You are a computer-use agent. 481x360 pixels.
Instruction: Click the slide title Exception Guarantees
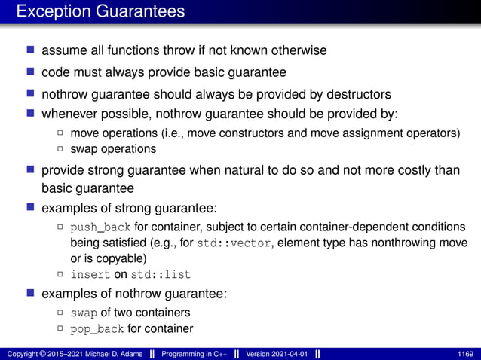click(100, 12)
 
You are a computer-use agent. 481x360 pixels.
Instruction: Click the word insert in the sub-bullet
click(90, 275)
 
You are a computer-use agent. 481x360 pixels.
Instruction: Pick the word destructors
click(354, 94)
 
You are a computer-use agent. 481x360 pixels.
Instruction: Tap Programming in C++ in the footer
click(199, 354)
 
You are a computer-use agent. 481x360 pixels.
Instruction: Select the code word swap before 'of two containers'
click(83, 313)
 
